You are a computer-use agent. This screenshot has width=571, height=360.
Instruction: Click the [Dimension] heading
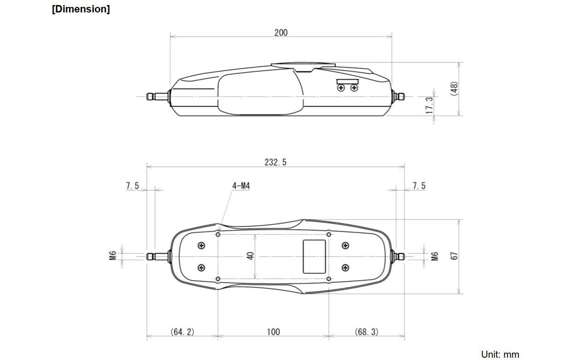point(81,9)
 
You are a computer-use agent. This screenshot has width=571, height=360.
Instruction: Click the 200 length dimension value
point(281,33)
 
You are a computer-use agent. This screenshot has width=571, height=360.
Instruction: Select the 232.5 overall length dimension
point(275,163)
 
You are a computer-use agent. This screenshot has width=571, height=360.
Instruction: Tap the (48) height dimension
point(454,89)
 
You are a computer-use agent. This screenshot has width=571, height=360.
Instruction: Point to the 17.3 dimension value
point(429,105)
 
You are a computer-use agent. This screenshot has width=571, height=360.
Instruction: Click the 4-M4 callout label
point(241,186)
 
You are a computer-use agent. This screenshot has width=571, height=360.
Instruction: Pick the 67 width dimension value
point(454,256)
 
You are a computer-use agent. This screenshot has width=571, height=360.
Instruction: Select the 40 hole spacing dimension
point(251,256)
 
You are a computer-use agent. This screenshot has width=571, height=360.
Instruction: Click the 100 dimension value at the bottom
point(273,332)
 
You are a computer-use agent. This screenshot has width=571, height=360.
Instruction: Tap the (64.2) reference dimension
point(182,332)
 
